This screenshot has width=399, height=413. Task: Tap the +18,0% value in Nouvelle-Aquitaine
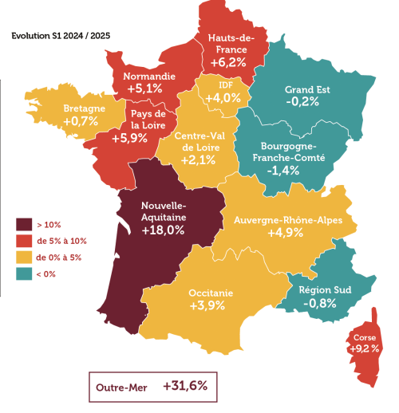164,230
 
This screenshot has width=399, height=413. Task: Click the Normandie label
149,77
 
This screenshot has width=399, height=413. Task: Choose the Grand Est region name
306,89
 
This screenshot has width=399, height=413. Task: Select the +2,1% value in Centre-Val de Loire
194,160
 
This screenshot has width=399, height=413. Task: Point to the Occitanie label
211,293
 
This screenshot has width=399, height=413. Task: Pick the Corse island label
361,337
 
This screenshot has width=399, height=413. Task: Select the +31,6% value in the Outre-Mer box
184,385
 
